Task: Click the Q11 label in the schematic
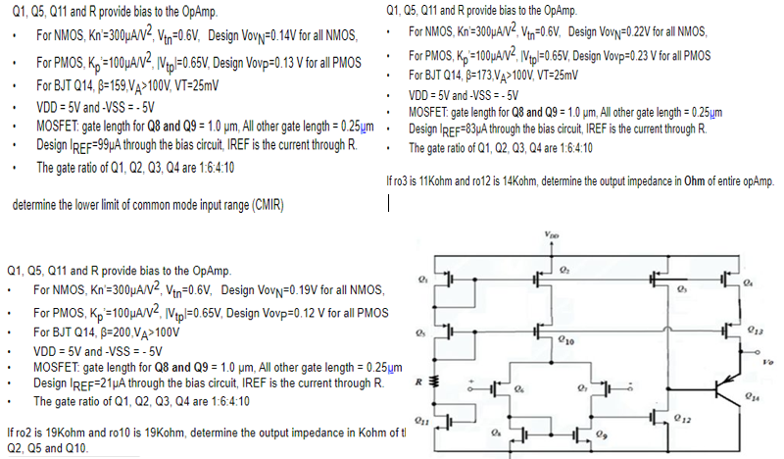pos(424,421)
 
